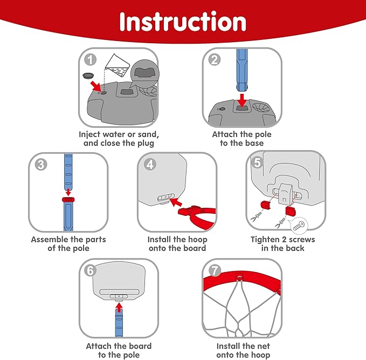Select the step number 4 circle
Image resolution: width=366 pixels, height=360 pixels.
[x=151, y=164]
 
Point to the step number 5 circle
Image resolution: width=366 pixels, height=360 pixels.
[x=257, y=162]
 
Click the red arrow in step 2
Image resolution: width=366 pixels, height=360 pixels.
[x=242, y=99]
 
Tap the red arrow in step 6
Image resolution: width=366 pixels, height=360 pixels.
[x=119, y=308]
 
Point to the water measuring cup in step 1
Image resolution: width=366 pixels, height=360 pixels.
[x=119, y=67]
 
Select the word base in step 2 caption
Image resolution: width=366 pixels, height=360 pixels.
[x=253, y=143]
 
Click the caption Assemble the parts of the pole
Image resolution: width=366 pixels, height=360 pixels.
[x=68, y=243]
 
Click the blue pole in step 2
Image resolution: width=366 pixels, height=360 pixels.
[x=242, y=70]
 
